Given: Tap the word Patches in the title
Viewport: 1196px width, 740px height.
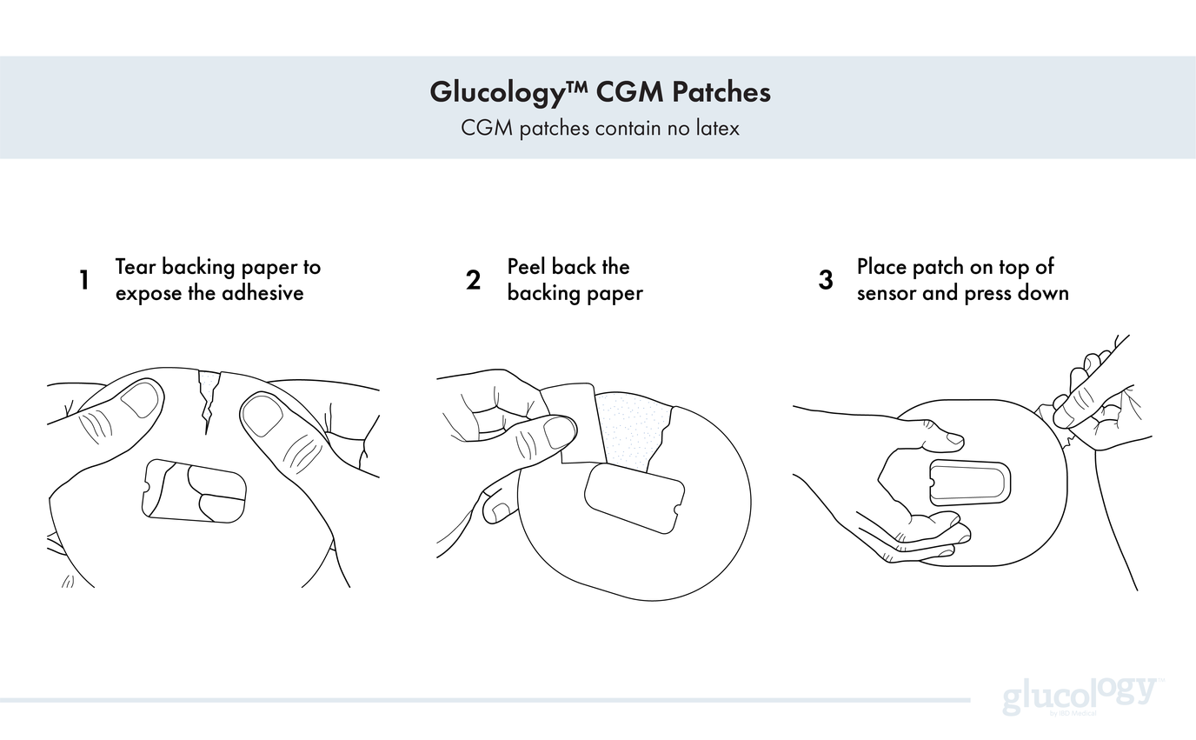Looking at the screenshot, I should (x=721, y=91).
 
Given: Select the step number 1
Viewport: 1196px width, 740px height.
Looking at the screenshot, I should (x=84, y=280).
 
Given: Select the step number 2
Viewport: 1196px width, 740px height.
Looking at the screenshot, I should (x=473, y=280).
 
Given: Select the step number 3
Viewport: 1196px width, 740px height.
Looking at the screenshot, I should (x=825, y=280).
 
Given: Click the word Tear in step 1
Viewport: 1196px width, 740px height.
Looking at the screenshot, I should (x=136, y=267).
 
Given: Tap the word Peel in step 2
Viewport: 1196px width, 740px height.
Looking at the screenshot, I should (x=527, y=267).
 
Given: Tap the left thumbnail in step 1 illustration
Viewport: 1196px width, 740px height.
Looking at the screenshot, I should (x=139, y=401).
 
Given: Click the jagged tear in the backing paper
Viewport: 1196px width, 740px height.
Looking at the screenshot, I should (x=208, y=399).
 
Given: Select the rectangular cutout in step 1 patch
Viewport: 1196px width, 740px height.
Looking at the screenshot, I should (x=194, y=490).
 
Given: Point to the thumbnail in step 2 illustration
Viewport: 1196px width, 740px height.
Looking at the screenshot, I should (x=560, y=431).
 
